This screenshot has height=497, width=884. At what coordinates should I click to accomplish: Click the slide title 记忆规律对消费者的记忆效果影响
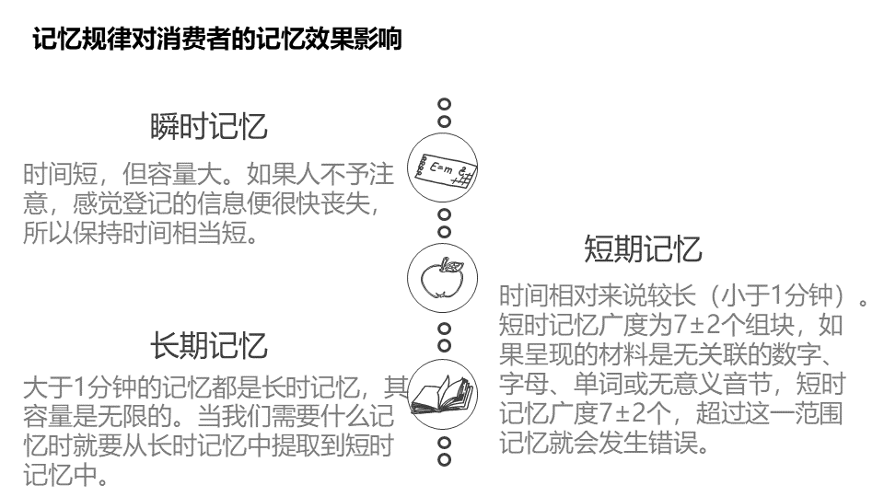(216, 41)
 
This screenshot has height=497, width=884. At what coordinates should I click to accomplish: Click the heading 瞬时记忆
(209, 127)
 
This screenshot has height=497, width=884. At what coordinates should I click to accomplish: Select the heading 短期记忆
(643, 248)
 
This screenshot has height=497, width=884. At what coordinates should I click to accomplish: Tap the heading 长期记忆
(209, 346)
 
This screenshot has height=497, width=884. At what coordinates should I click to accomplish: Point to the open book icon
(441, 394)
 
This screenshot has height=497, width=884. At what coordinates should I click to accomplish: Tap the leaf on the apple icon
(451, 263)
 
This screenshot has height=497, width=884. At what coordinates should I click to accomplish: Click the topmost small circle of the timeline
(444, 104)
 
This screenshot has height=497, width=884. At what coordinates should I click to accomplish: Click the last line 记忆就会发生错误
(604, 443)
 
